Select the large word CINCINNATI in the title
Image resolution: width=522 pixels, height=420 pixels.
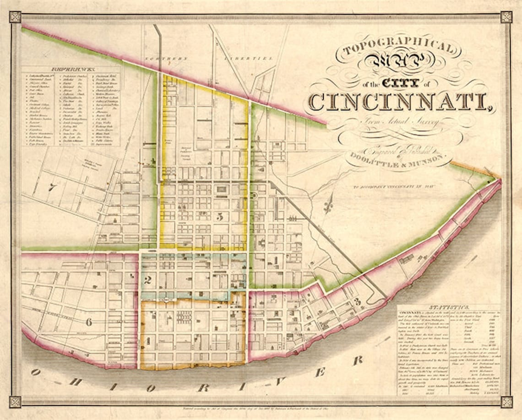point(401,101)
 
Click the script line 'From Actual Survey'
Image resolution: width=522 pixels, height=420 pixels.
point(395,122)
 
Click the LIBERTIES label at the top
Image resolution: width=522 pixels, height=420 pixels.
point(255,59)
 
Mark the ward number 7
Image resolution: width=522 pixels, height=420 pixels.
point(52,187)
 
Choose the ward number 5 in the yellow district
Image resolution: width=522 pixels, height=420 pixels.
point(220,216)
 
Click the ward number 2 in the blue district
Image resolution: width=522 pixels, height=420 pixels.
point(147,280)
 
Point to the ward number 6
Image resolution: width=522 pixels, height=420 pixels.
point(89,322)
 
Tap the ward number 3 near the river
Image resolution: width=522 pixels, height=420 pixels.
point(357,302)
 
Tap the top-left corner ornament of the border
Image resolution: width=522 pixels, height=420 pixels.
point(15,17)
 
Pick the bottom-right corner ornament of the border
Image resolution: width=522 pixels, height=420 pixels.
point(506,402)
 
